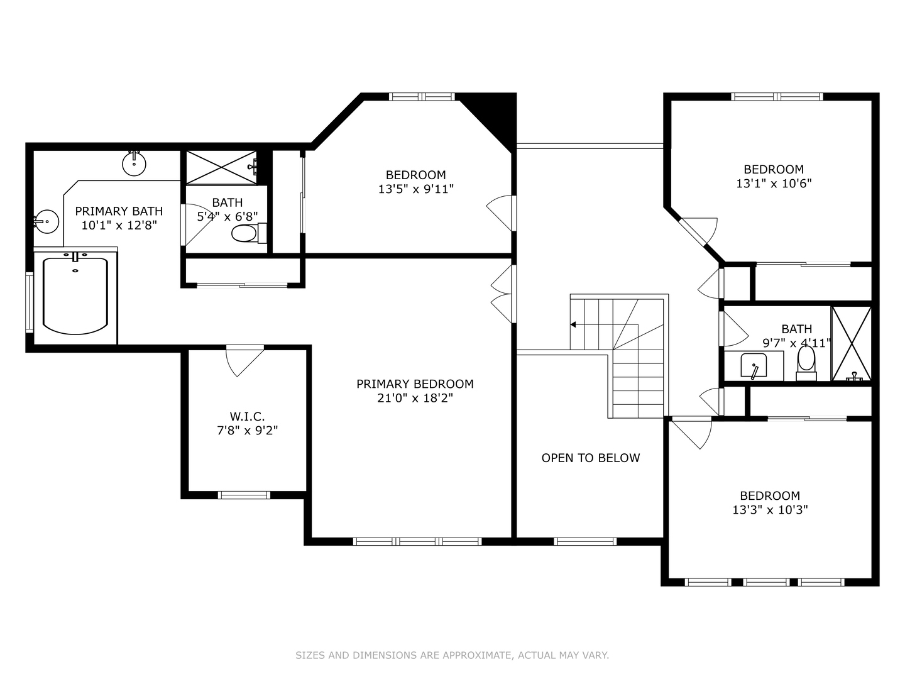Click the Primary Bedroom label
[415, 384]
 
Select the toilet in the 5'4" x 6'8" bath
[245, 234]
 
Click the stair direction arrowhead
[573, 324]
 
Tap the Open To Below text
[590, 458]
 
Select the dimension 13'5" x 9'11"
[415, 189]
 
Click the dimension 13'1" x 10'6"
[774, 184]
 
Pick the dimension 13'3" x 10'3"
[769, 510]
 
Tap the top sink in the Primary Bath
[134, 163]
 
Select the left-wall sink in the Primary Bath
[45, 221]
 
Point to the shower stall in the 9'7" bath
[852, 343]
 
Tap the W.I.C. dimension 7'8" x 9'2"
[246, 431]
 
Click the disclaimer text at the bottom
[452, 655]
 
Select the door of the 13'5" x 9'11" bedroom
[501, 213]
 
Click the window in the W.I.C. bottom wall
[244, 495]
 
